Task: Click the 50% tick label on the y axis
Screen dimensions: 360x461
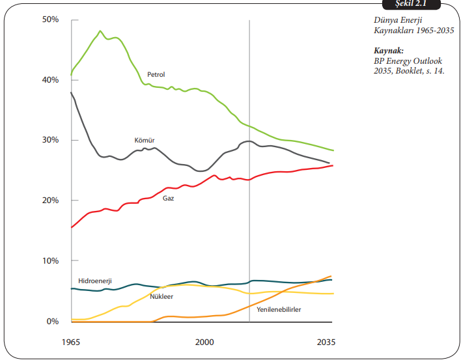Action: tap(51, 20)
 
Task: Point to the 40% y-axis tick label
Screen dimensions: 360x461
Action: tap(51, 80)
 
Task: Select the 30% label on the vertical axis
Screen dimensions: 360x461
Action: tap(51, 140)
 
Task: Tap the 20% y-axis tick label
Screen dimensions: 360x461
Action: tap(51, 201)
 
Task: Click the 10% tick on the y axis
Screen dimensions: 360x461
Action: tap(51, 260)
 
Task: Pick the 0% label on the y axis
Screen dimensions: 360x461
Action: tap(53, 321)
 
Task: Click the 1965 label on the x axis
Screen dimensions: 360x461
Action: tap(72, 341)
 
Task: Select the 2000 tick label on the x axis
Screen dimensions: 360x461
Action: tap(204, 341)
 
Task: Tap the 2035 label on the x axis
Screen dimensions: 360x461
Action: tap(326, 341)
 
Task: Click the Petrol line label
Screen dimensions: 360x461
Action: tap(156, 75)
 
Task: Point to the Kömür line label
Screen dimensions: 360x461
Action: tap(144, 140)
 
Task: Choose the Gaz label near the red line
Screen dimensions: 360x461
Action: tap(168, 197)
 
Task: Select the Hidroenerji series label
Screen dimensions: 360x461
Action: tap(95, 280)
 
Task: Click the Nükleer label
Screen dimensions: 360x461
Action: tap(161, 296)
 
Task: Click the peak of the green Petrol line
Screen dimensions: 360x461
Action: tap(100, 31)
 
